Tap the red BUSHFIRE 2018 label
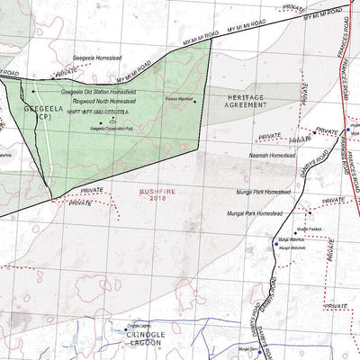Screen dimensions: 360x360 (159, 195)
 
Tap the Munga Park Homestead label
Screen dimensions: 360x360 (264, 191)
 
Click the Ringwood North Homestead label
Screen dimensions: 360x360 (99, 102)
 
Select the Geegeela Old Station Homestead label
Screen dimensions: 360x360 (98, 92)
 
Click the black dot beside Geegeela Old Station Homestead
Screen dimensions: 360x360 (33, 91)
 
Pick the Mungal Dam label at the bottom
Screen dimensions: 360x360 (248, 348)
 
